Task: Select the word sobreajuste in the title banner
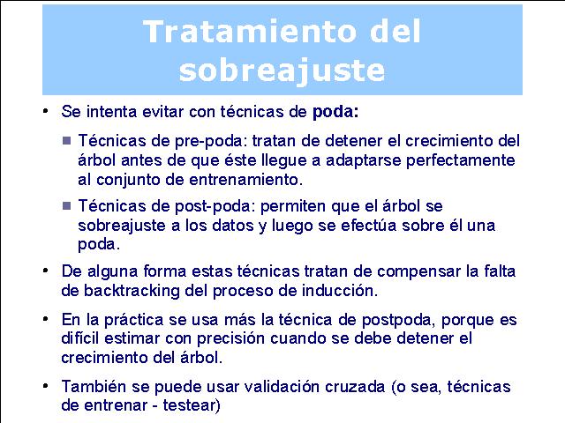[282, 70]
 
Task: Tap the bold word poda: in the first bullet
[335, 112]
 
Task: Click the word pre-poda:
[211, 141]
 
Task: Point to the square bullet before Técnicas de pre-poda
[67, 140]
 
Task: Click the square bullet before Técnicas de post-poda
[67, 205]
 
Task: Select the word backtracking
[132, 291]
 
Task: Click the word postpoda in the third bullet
[399, 320]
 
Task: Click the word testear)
[192, 405]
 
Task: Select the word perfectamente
[461, 160]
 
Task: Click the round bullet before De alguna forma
[45, 271]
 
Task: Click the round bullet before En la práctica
[45, 319]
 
